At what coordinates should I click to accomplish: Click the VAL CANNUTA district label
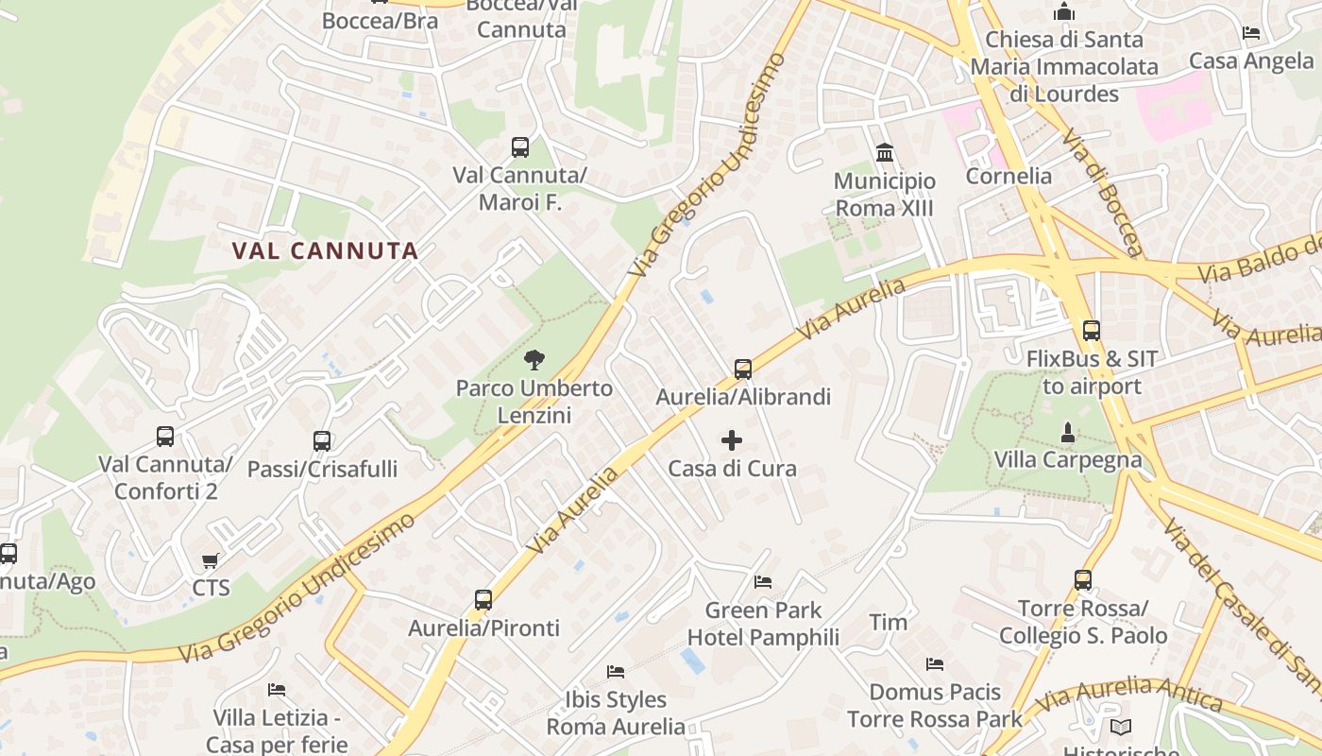coord(325,250)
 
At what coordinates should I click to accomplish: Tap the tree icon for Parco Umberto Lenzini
coord(534,360)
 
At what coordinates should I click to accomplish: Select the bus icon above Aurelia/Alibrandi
coord(743,369)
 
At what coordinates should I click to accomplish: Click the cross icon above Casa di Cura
coord(732,440)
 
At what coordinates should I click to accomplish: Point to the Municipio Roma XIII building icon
coord(885,152)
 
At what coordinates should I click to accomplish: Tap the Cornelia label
coord(1008,176)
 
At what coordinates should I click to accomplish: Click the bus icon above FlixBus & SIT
coord(1092,331)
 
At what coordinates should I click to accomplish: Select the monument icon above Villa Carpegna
coord(1068,432)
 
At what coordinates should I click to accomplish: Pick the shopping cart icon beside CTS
coord(211,561)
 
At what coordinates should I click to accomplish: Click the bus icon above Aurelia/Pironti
coord(483,599)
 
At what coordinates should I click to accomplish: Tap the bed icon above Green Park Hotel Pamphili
coord(763,581)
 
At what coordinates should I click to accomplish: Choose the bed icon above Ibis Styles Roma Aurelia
coord(616,672)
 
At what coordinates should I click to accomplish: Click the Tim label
coord(888,622)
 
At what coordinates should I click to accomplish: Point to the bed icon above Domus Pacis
coord(935,664)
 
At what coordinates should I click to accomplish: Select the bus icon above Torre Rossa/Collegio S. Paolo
coord(1083,579)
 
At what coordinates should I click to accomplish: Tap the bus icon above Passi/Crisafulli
coord(322,440)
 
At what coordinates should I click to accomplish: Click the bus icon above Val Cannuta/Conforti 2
coord(165,437)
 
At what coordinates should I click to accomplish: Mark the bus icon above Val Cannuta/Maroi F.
coord(520,146)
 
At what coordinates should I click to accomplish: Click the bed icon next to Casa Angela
coord(1251,33)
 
